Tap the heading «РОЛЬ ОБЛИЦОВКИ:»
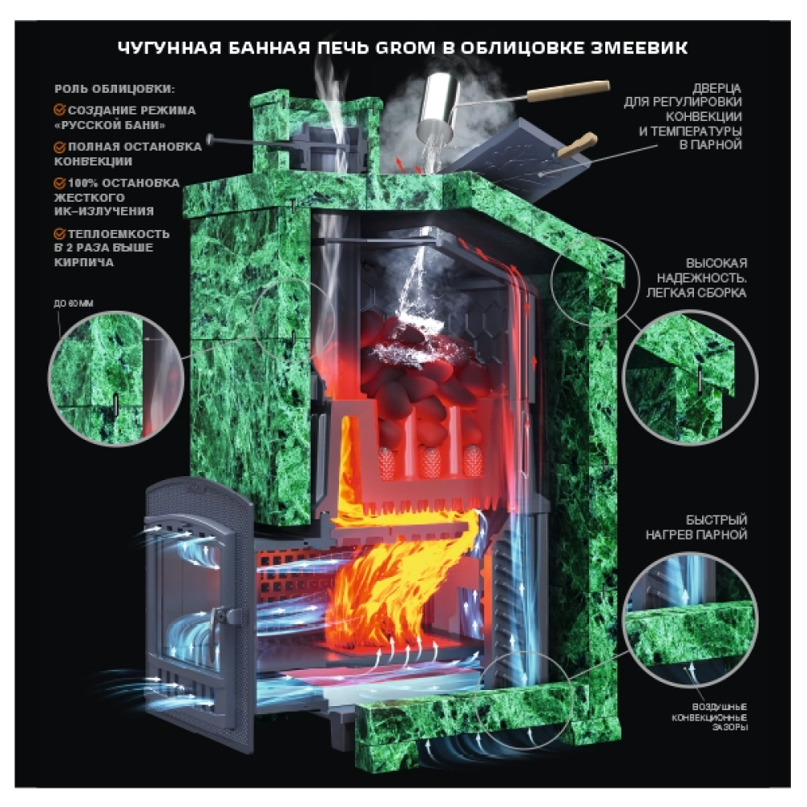115,89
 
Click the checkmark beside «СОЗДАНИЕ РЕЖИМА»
60,110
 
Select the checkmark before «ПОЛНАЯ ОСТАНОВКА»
60,147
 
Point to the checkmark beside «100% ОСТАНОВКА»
60,182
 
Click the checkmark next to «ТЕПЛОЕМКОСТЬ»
60,234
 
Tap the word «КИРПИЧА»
84,262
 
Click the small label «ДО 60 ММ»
73,303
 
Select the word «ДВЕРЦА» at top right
717,89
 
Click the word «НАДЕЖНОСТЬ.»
701,278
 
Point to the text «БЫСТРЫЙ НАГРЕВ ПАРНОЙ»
696,527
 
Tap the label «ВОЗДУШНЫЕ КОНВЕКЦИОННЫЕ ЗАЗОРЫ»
709,717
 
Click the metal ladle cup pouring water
437,107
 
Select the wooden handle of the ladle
568,90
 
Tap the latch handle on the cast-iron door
220,625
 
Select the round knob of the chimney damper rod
210,139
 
